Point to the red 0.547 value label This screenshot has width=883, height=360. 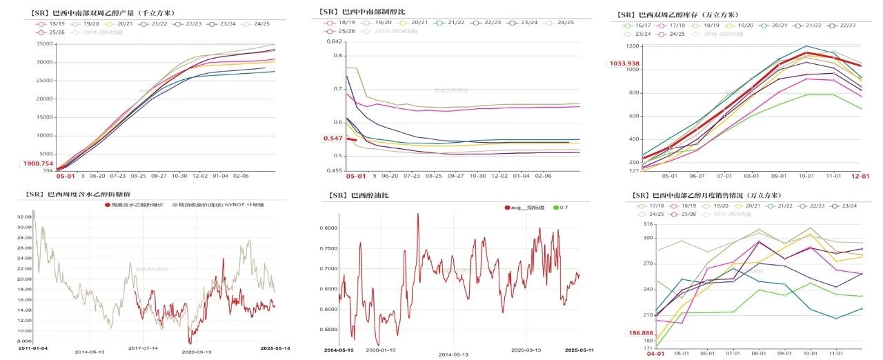point(333,139)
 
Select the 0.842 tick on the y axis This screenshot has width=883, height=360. point(334,41)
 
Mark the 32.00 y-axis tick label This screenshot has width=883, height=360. point(24,216)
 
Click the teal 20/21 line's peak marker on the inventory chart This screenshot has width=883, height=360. point(806,47)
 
